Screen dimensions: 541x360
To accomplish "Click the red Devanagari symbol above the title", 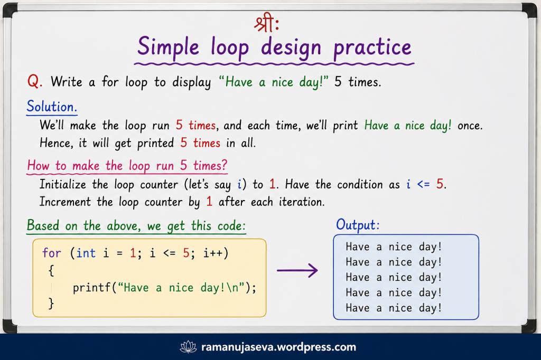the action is coord(266,23).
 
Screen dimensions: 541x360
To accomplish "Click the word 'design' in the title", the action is coord(291,48).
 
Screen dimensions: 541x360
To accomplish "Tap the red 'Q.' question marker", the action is coord(35,82).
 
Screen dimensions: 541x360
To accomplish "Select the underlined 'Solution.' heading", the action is coord(52,107).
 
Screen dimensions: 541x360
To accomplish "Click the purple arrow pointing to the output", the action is coord(297,270).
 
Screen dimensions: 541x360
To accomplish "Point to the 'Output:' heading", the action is coord(358,225).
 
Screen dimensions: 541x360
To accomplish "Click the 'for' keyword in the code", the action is coord(52,253).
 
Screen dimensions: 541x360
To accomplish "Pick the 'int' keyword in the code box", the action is coord(86,253).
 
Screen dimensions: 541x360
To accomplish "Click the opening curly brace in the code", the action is coord(51,271).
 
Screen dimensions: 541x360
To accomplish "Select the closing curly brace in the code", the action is coord(51,304).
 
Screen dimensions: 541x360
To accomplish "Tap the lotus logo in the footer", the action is coord(189,347).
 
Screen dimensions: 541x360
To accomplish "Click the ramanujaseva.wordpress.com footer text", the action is coord(278,347).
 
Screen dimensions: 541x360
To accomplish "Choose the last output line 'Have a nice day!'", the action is coord(394,308).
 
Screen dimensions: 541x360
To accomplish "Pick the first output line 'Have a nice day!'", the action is coord(394,247).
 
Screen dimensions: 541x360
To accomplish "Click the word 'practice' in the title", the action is coord(372,48).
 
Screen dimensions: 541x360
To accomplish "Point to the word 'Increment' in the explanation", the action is coord(65,202).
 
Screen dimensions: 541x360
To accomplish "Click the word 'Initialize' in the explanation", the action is coord(63,184).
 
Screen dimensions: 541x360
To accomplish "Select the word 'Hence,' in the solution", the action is coord(57,143).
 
